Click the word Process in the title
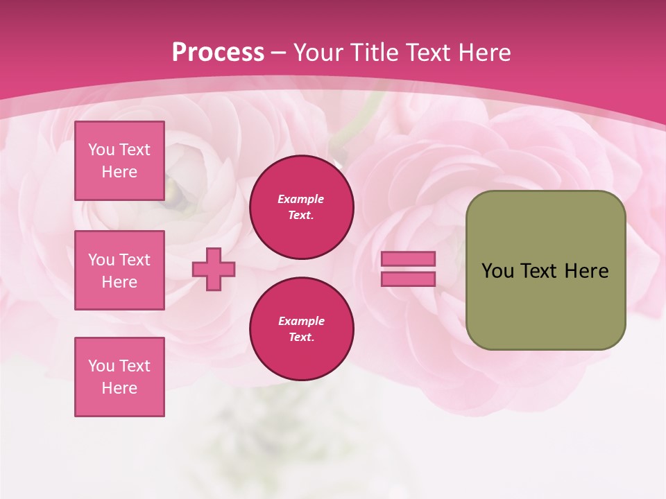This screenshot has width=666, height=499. coord(218,53)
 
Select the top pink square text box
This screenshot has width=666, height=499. coord(119,161)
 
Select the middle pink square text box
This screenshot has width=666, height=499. coord(119,270)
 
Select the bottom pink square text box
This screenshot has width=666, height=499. coord(119,377)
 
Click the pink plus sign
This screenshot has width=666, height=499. coord(214,269)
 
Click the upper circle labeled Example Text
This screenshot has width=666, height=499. coord(301,207)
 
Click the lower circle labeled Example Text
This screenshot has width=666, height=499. coord(301,329)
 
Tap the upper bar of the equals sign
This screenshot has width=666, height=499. coord(408,259)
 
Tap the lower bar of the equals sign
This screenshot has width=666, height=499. coord(408,279)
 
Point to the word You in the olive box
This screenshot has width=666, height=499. coord(497,271)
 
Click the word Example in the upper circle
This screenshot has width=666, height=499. coord(301,199)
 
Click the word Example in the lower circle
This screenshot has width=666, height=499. coord(301,321)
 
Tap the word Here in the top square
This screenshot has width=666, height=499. coord(119,172)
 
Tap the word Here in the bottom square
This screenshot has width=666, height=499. coord(119,388)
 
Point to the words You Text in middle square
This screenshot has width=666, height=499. coord(119,260)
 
